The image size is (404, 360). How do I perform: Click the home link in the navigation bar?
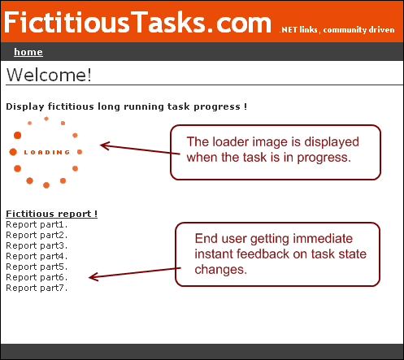tap(28, 52)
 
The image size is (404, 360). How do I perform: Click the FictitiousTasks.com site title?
tap(137, 22)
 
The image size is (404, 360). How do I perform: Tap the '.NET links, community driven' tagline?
tap(337, 29)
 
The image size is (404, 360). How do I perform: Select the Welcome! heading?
tap(49, 75)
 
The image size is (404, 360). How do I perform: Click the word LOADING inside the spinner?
tap(47, 153)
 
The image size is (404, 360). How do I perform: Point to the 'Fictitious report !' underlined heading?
tap(51, 214)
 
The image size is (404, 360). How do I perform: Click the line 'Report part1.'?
tap(37, 224)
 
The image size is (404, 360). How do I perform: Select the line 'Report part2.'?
tap(37, 235)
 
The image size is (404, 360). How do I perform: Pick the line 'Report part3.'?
tap(37, 245)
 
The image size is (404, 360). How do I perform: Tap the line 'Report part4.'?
tap(37, 256)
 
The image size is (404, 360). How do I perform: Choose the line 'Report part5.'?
tap(37, 267)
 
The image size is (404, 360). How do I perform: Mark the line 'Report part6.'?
tap(37, 277)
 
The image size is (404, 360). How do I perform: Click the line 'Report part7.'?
tap(37, 288)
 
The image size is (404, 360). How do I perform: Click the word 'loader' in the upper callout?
tap(227, 141)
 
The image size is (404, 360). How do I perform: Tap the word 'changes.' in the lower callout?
tap(221, 270)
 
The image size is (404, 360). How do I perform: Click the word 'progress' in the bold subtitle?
tap(217, 106)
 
